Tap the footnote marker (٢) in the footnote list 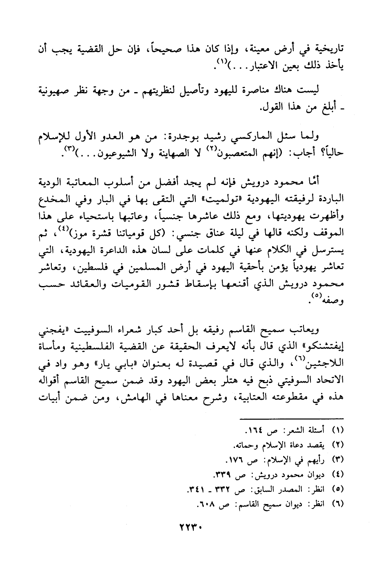pyautogui.click(x=338, y=445)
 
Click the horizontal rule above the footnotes pyautogui.click(x=292, y=418)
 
